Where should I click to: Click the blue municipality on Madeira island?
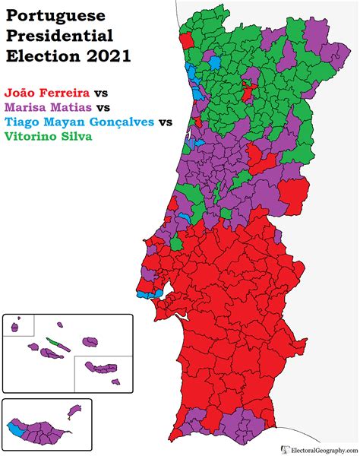(x=14, y=428)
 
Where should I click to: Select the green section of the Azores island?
(x=52, y=341)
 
